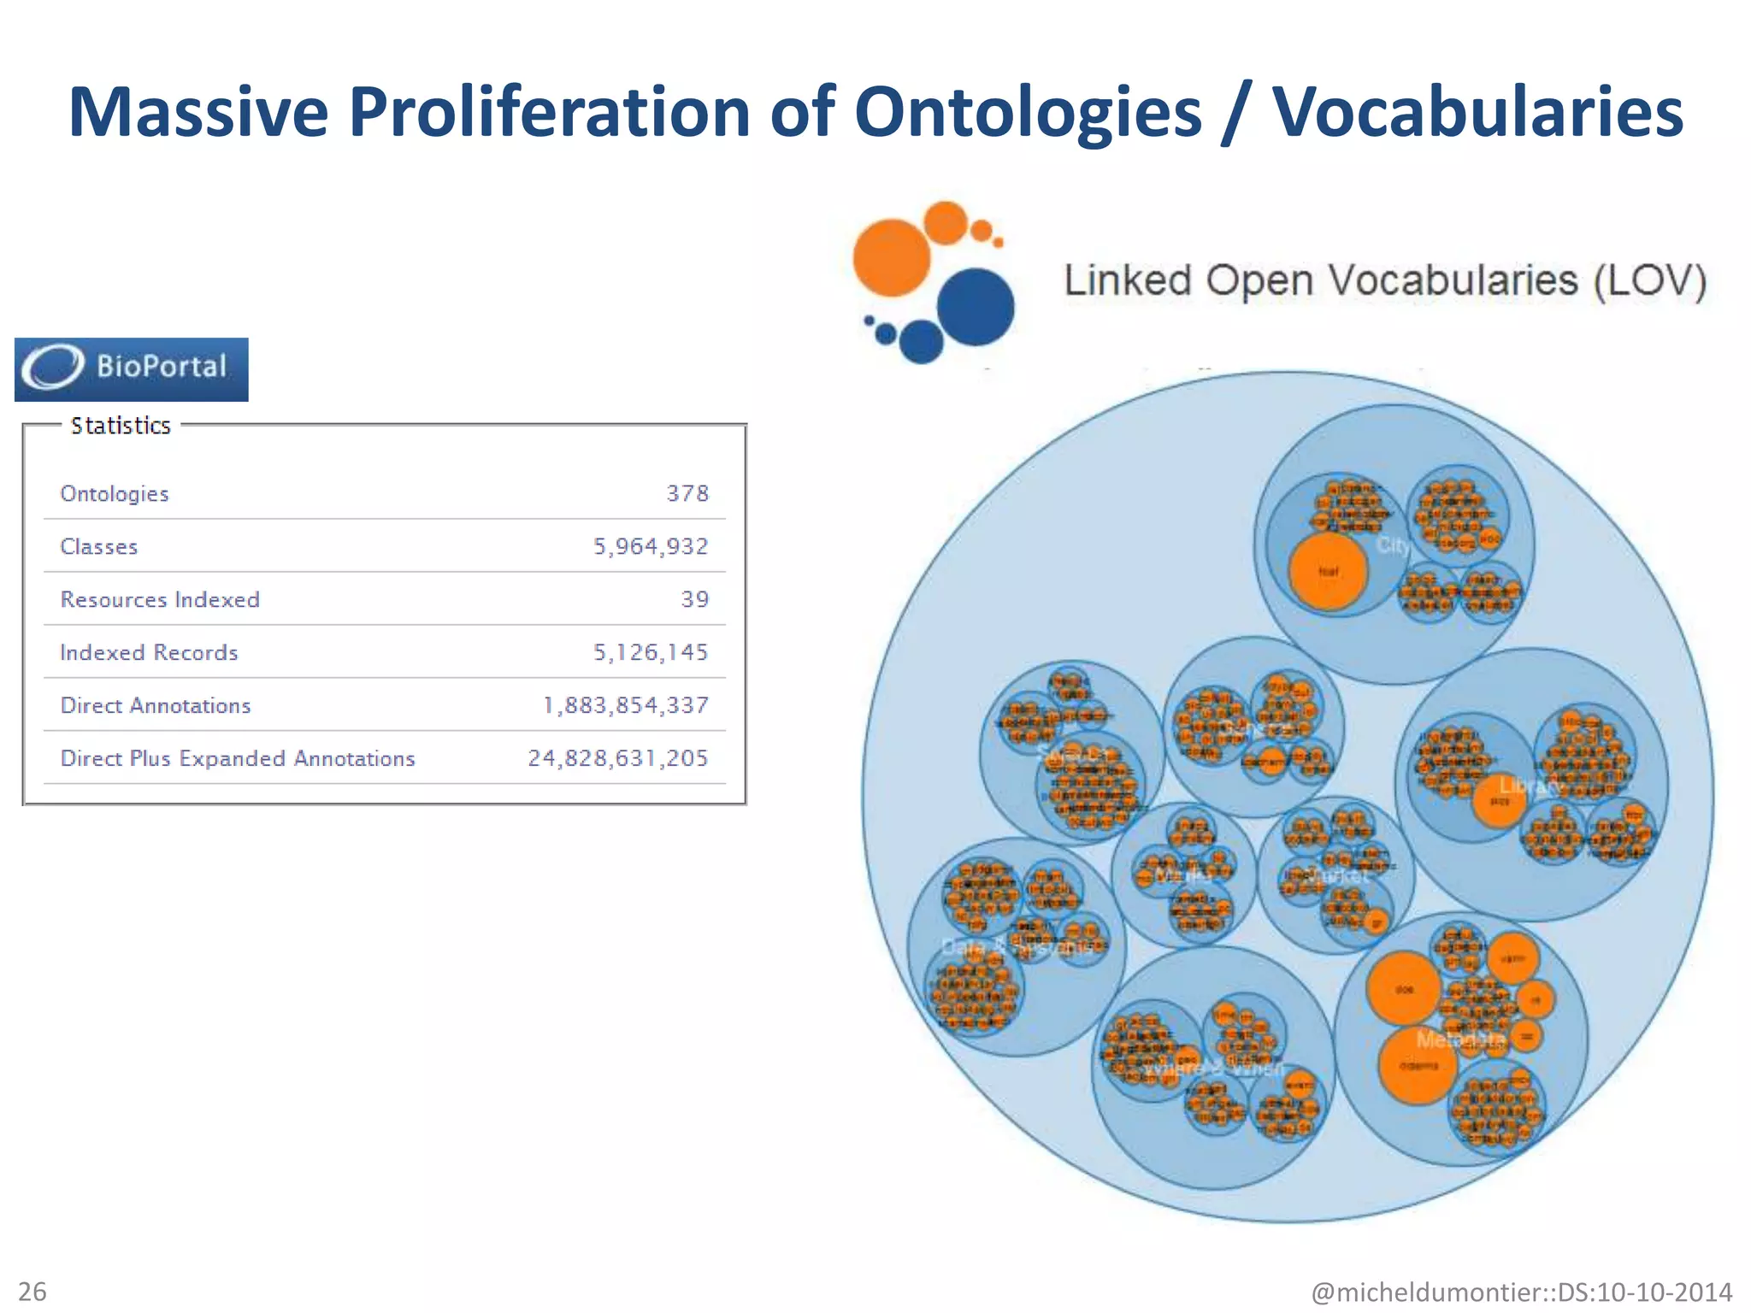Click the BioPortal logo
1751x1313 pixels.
point(131,369)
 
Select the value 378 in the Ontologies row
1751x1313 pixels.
point(687,493)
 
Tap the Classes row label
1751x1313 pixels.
point(99,546)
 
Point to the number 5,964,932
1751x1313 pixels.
point(651,546)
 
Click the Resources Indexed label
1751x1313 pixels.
point(160,599)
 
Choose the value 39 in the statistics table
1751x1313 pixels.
point(694,599)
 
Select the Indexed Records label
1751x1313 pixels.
point(149,652)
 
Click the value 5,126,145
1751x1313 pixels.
point(651,652)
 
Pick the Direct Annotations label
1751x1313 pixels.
point(156,705)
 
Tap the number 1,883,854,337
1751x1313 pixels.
point(626,705)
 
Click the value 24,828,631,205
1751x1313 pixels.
point(617,758)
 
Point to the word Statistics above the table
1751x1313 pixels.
point(121,426)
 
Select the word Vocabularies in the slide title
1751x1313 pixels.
point(1477,112)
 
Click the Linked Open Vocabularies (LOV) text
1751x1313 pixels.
point(1385,280)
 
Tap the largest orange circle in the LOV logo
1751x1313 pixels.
point(892,257)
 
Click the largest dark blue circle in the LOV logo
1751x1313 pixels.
point(976,306)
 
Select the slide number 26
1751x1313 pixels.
point(32,1291)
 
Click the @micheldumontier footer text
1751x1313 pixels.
point(1522,1292)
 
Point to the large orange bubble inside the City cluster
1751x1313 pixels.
point(1328,571)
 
